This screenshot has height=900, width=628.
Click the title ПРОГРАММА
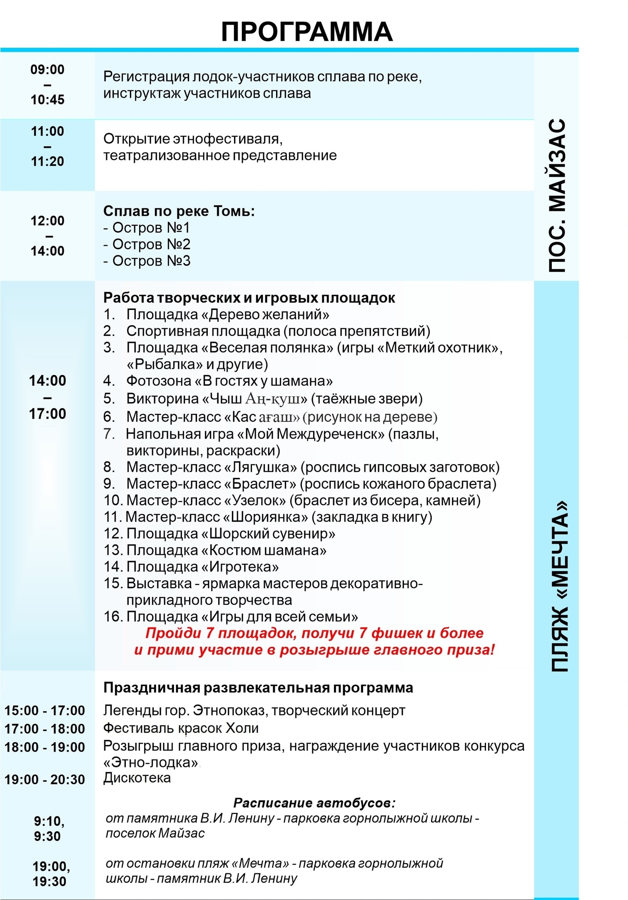pyautogui.click(x=307, y=32)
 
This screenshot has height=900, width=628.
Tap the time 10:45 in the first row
pyautogui.click(x=47, y=100)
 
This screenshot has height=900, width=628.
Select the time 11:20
pyautogui.click(x=47, y=161)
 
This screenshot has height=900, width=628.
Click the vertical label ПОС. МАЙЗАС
pyautogui.click(x=557, y=196)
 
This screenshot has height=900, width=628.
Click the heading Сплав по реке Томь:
pyautogui.click(x=179, y=211)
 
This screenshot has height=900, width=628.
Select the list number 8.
pyautogui.click(x=109, y=467)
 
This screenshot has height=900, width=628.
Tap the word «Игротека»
pyautogui.click(x=240, y=567)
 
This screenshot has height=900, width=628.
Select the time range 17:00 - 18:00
pyautogui.click(x=45, y=729)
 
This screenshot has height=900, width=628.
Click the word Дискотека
pyautogui.click(x=137, y=778)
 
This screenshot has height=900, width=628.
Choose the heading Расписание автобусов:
pyautogui.click(x=314, y=802)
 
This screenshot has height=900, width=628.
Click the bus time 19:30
pyautogui.click(x=50, y=881)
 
